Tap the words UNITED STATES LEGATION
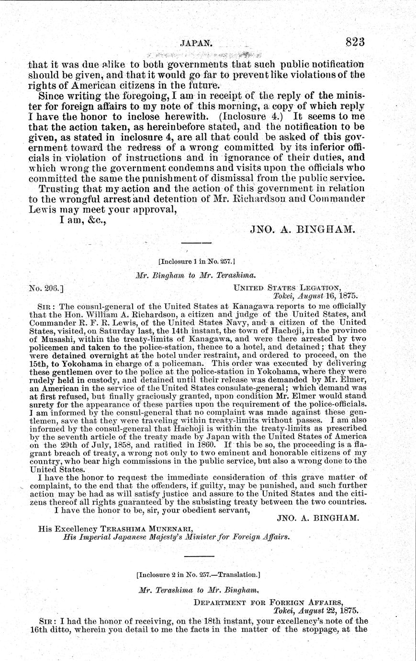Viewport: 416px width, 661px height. tap(287, 288)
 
